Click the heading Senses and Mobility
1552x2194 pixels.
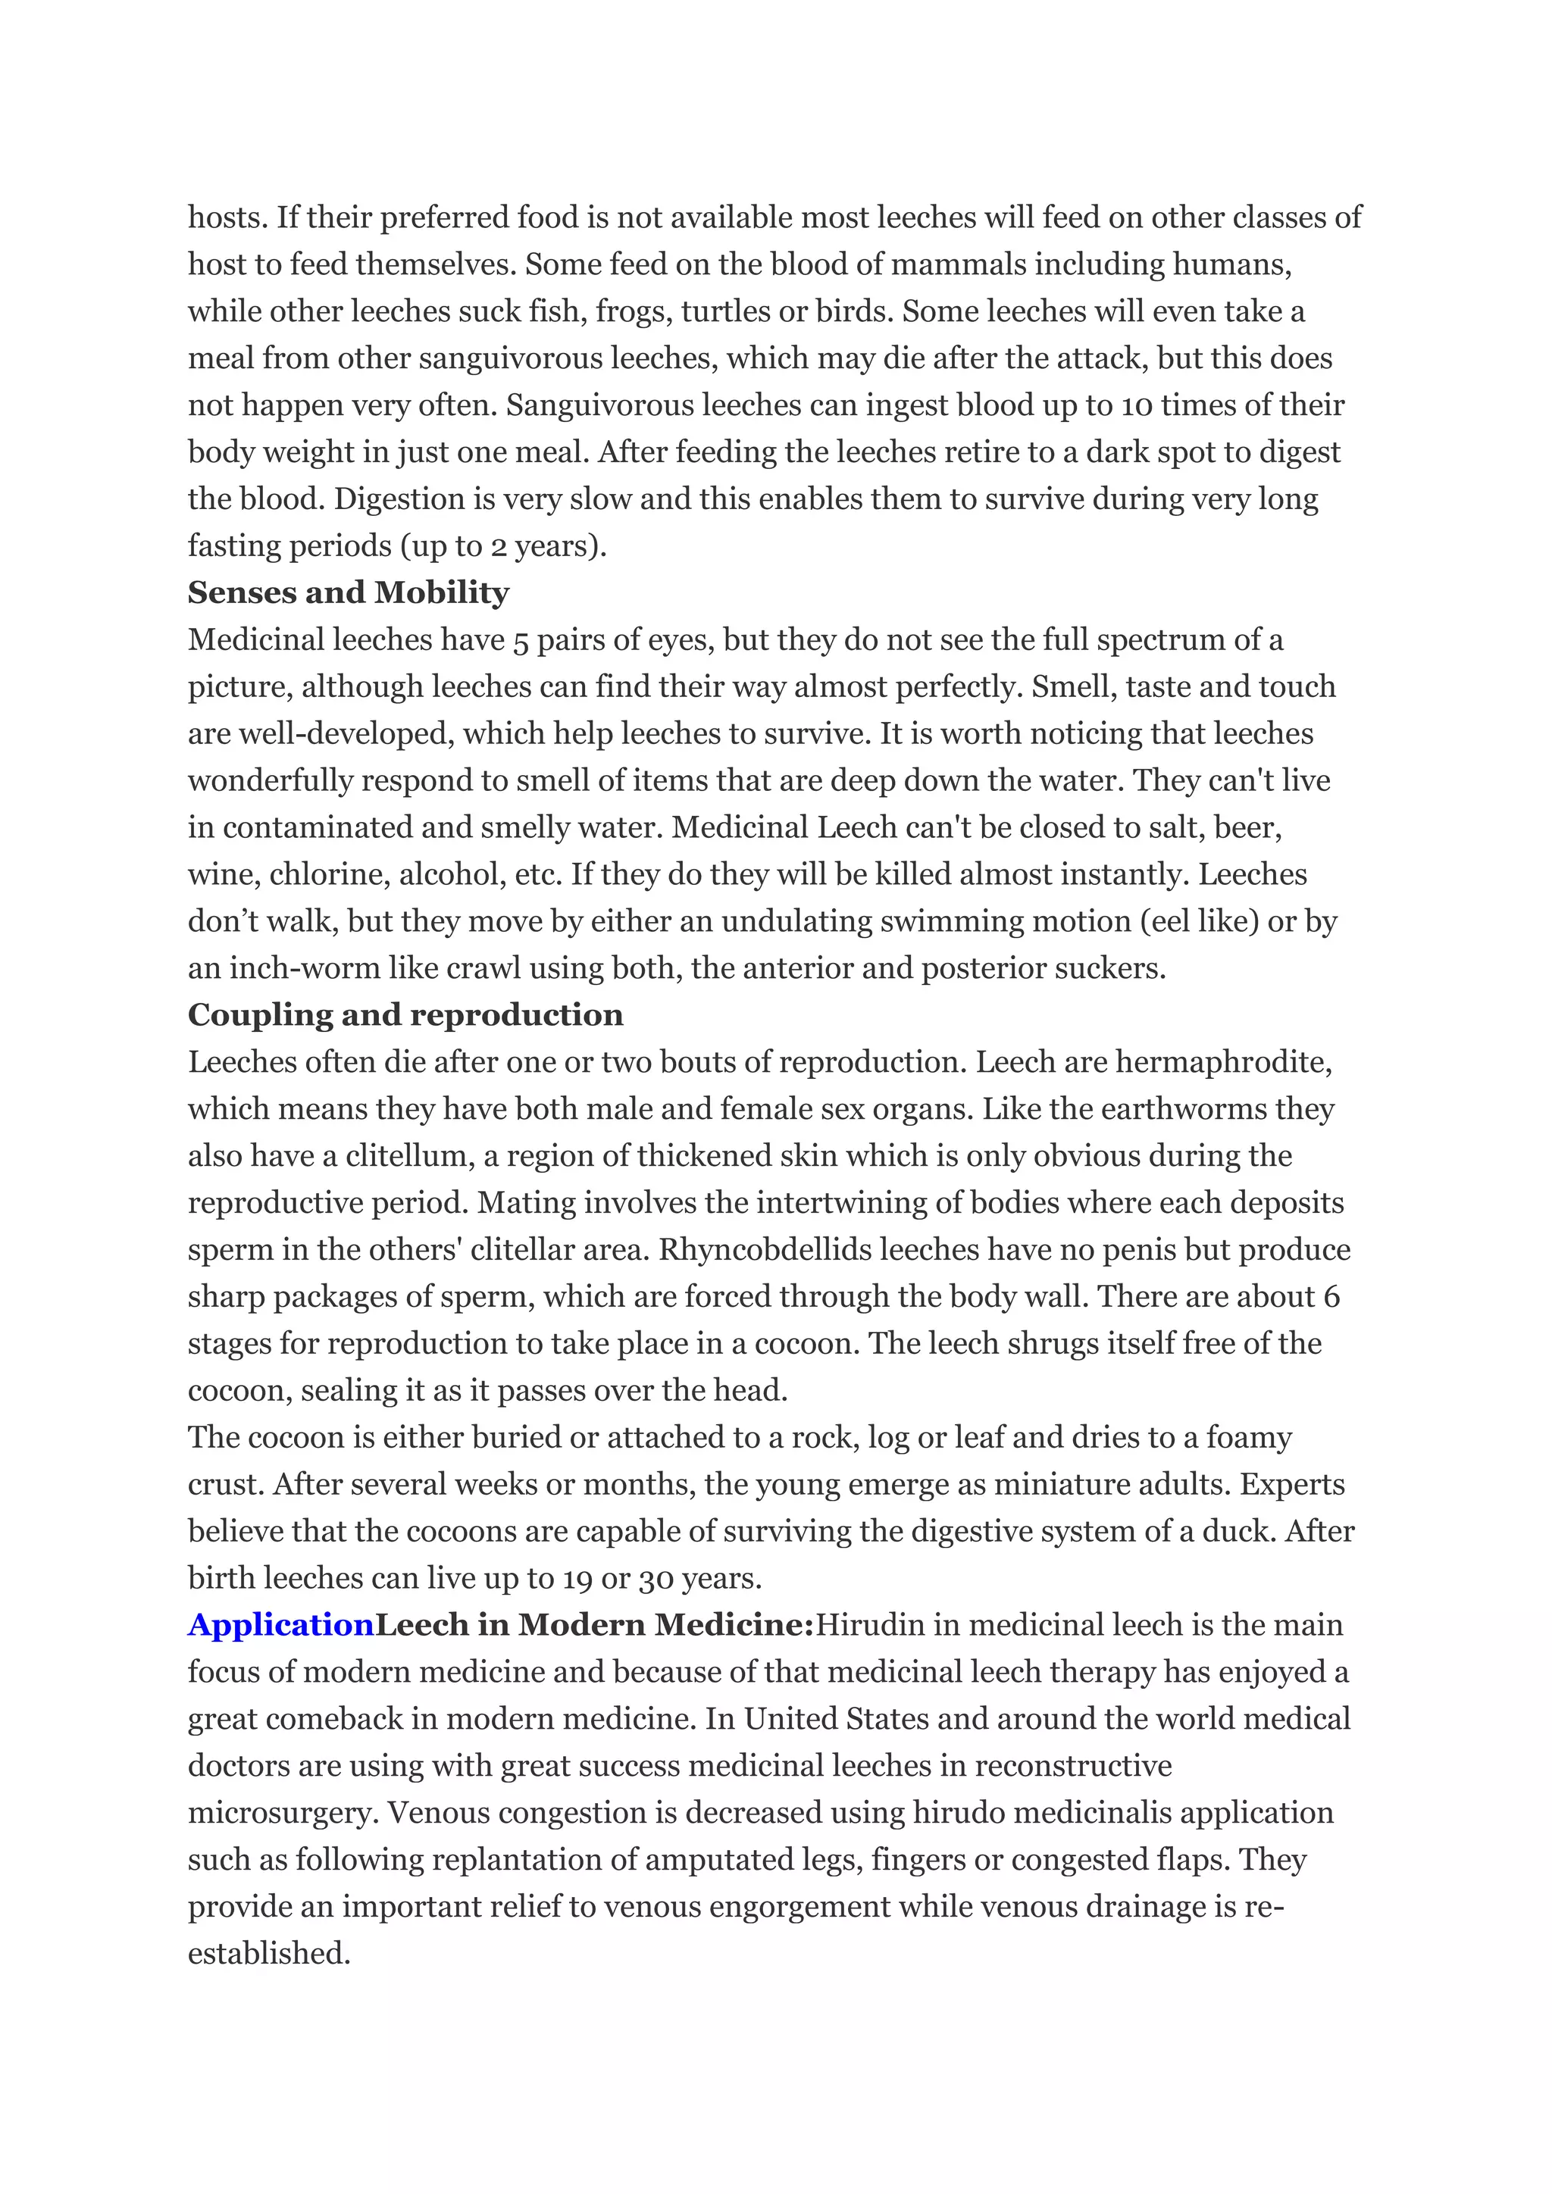[348, 592]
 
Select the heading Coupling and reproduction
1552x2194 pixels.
[405, 1015]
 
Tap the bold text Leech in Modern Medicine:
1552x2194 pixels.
[593, 1624]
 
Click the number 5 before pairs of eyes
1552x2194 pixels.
[521, 640]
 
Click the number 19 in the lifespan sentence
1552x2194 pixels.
[577, 1577]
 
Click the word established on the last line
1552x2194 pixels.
[268, 1952]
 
